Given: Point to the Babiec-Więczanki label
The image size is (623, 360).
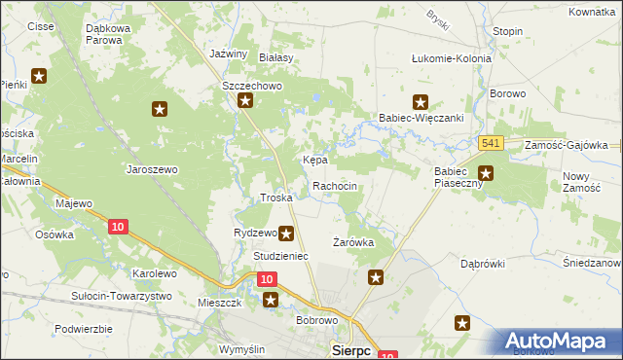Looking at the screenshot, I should [420, 119].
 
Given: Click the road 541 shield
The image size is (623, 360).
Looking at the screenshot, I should [491, 143].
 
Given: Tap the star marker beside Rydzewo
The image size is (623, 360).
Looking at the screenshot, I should [286, 234].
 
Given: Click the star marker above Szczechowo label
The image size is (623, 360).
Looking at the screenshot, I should [246, 101].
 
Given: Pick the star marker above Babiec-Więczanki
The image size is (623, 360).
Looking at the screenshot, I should [421, 101].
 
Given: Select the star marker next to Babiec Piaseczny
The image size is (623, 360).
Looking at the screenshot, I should [486, 175].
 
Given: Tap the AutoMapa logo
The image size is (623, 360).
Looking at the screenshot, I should [563, 341].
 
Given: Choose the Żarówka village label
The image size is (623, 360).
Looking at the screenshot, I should [352, 241].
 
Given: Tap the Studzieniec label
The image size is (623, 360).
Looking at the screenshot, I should [280, 256].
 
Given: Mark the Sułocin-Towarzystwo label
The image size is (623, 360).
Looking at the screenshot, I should [122, 296].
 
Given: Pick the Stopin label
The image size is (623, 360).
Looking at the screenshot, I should [507, 31].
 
